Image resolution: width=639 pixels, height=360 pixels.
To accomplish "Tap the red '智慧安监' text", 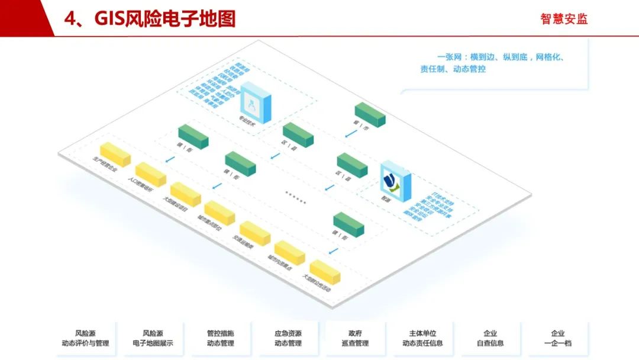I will point(564,19).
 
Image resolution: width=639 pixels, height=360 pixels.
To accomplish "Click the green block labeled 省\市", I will point(370,114).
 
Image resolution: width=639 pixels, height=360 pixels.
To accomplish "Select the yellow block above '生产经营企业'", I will point(115,153).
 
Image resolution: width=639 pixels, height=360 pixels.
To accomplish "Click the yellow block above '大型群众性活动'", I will point(325,271).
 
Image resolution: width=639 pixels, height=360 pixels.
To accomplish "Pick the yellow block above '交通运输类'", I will point(255,233).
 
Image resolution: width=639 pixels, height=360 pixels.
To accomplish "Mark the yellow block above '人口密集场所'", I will point(150,174).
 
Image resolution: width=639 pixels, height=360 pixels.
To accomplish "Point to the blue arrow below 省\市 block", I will point(351,134).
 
